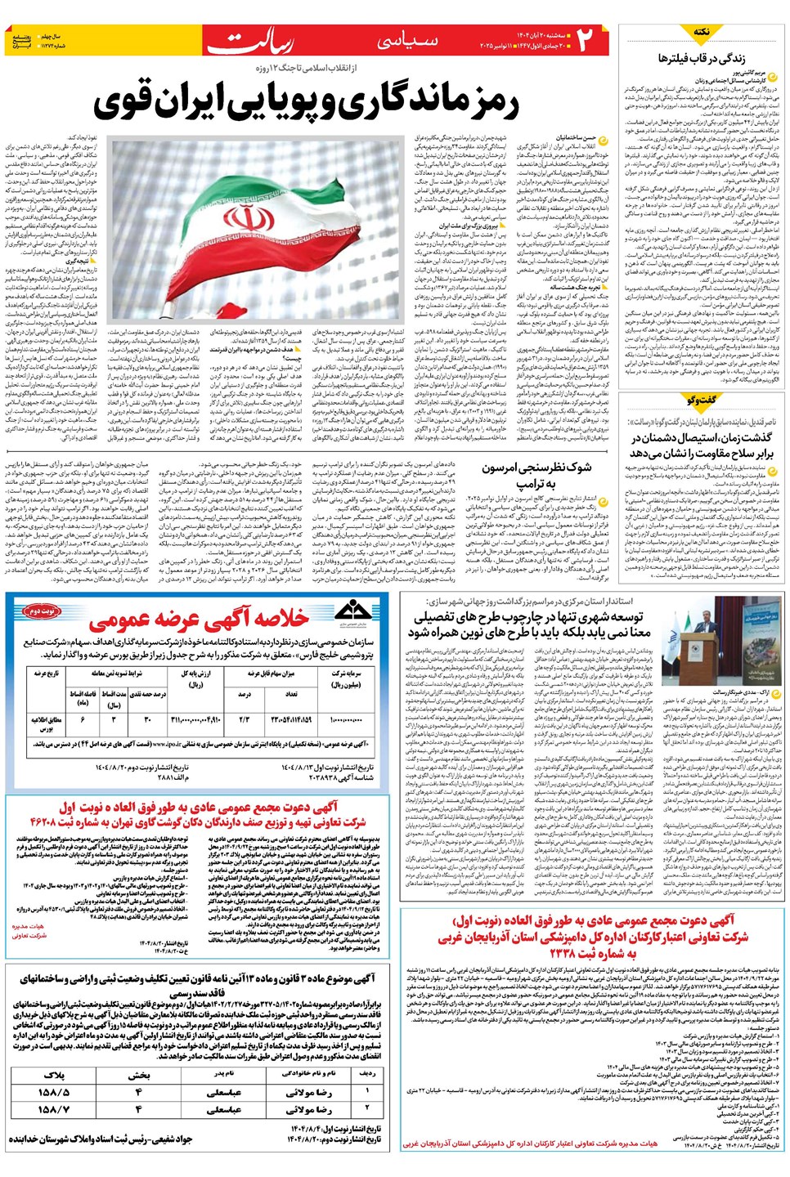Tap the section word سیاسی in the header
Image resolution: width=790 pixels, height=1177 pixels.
pyautogui.click(x=410, y=41)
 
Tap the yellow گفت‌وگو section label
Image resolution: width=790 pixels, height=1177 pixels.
pyautogui.click(x=701, y=401)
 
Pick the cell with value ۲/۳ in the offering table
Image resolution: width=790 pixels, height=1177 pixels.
pyautogui.click(x=244, y=719)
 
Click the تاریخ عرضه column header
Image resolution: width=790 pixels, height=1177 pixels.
pyautogui.click(x=47, y=674)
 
